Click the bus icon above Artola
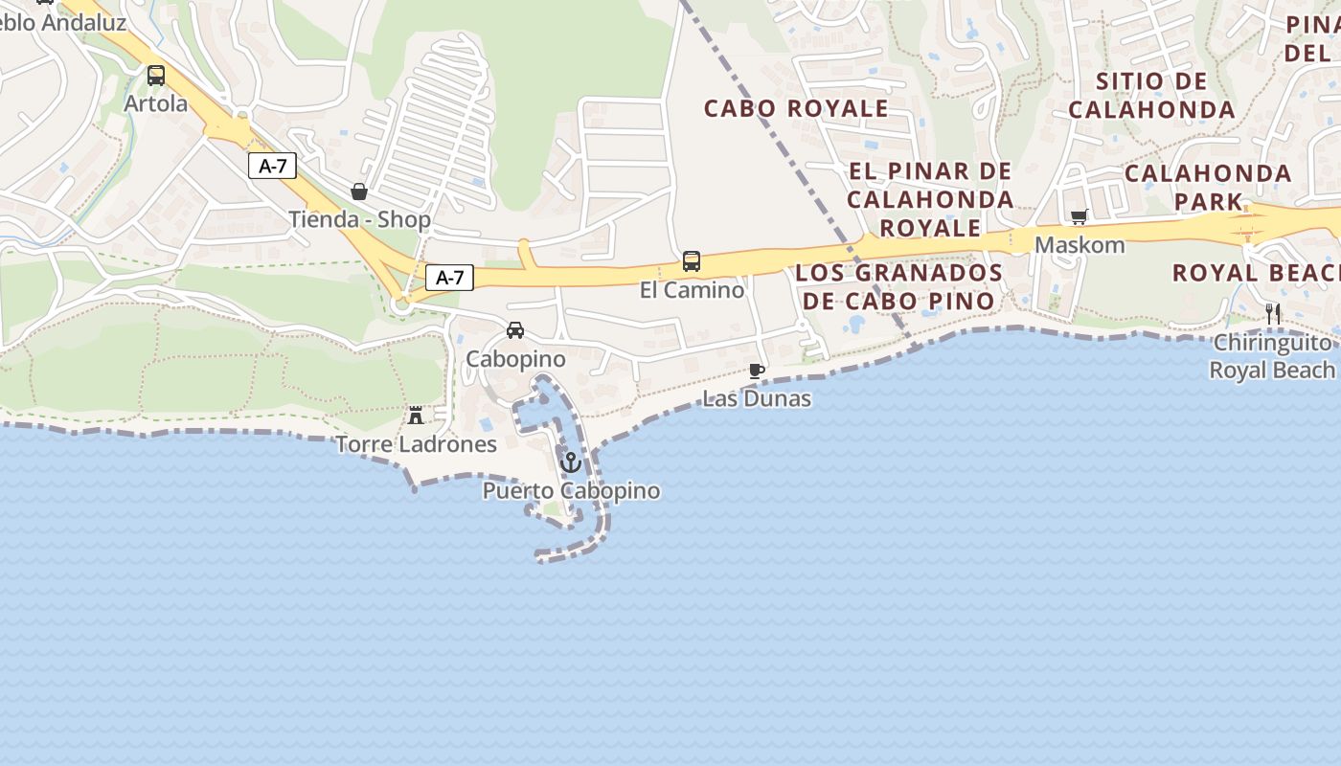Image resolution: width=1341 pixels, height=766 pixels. [155, 76]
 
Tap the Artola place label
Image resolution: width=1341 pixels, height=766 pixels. [156, 103]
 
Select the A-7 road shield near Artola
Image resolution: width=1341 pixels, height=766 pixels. [273, 166]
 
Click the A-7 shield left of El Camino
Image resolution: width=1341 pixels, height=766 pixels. [449, 278]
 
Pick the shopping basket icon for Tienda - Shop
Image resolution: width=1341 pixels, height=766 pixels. [359, 191]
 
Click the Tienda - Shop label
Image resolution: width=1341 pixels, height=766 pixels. [360, 219]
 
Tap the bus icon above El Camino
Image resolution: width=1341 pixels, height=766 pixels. [692, 260]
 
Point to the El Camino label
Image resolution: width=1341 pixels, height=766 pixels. [692, 289]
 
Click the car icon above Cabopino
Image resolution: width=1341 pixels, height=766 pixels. [515, 330]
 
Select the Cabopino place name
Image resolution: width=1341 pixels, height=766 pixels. [515, 359]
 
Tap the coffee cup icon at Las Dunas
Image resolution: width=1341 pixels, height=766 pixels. [757, 371]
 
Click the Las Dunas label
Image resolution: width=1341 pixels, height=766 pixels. [757, 398]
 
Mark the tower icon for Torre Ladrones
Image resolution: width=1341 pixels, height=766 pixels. [416, 416]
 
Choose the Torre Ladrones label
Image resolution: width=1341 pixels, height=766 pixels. [416, 444]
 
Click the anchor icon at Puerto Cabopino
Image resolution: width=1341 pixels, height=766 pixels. [571, 462]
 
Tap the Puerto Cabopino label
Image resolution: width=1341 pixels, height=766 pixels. [571, 491]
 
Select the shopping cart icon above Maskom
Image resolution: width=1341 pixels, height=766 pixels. [1080, 216]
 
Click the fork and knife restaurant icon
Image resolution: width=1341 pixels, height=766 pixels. [1273, 313]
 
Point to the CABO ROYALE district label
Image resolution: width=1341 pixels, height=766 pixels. [796, 108]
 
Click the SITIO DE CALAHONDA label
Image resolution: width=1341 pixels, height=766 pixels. [1151, 96]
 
